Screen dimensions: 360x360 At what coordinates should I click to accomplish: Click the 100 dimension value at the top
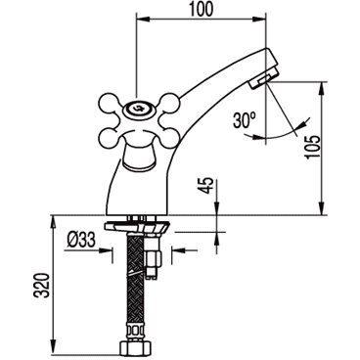(202, 9)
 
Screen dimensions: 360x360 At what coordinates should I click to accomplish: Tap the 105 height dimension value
(313, 147)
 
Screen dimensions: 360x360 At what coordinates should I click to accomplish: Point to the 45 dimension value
(208, 186)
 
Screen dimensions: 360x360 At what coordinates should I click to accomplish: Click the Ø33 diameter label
(81, 240)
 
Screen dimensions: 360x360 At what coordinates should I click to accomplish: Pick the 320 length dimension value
(42, 285)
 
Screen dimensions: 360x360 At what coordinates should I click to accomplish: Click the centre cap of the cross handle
(138, 108)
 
